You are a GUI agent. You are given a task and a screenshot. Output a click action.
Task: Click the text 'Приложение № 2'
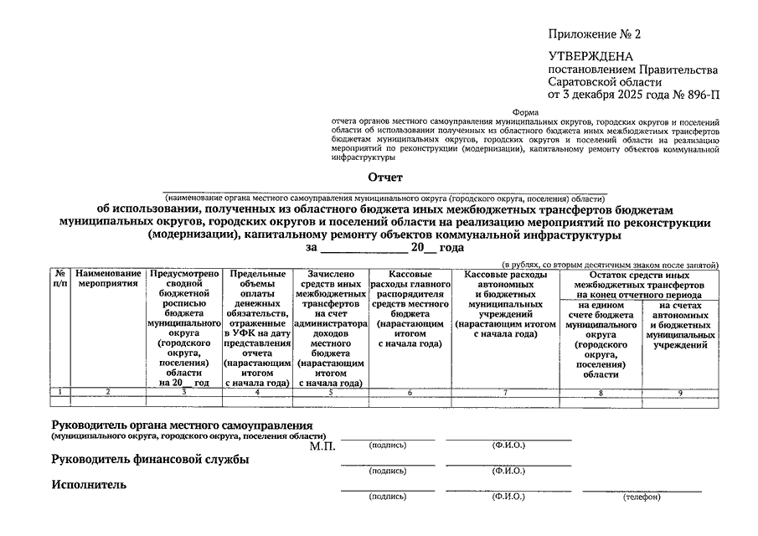pos(594,34)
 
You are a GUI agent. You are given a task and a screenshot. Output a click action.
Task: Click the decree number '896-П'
pos(703,95)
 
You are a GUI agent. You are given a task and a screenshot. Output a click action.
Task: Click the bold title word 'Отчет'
pos(385,178)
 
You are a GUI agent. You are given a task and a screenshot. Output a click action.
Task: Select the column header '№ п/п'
pos(60,279)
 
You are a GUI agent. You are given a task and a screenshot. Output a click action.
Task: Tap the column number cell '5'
pos(331,391)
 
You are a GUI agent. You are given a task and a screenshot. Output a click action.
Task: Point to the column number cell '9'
pos(679,391)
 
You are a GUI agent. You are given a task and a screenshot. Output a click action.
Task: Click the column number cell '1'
pos(60,391)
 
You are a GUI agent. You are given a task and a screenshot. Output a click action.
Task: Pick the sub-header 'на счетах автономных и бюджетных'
pos(679,325)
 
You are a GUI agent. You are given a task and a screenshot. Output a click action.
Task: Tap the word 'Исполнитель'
pos(89,484)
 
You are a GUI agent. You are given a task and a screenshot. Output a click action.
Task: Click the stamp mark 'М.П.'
pos(322,446)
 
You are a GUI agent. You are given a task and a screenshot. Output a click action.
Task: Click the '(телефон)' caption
pos(642,497)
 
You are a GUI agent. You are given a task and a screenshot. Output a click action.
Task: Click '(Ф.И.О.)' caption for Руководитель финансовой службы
pos(508,471)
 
